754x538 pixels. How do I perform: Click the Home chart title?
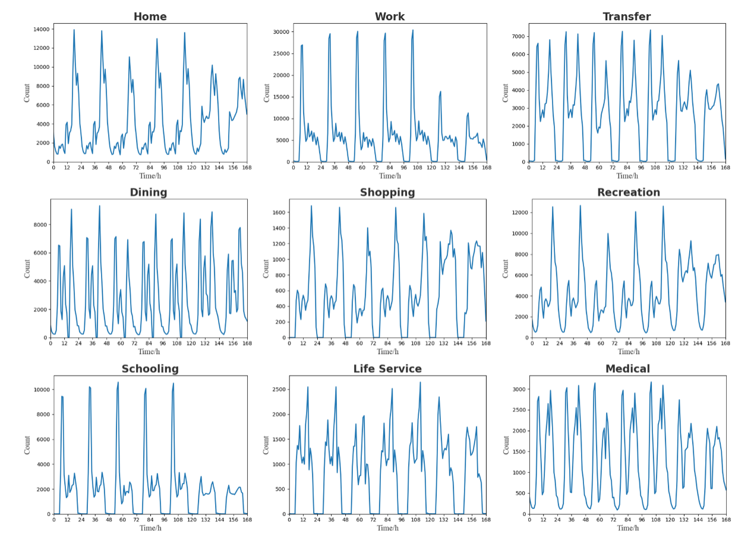pyautogui.click(x=150, y=17)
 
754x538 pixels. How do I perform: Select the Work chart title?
pyautogui.click(x=389, y=17)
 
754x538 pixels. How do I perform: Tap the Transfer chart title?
pyautogui.click(x=626, y=17)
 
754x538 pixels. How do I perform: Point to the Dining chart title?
pyautogui.click(x=148, y=192)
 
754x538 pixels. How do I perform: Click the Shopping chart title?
pyautogui.click(x=387, y=192)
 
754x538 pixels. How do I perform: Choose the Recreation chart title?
pyautogui.click(x=628, y=192)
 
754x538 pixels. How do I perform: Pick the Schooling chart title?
pyautogui.click(x=150, y=369)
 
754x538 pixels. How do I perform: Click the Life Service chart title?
pyautogui.click(x=387, y=369)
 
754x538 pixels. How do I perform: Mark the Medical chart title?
pyautogui.click(x=627, y=369)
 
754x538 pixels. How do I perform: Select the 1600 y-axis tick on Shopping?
pyautogui.click(x=277, y=212)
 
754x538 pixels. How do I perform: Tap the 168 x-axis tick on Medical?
pyautogui.click(x=725, y=520)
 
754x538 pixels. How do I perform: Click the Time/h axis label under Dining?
pyautogui.click(x=149, y=352)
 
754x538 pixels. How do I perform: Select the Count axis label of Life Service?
pyautogui.click(x=266, y=445)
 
